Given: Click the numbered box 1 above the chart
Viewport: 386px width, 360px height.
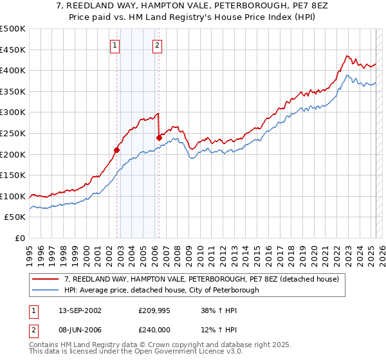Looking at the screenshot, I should (115, 45).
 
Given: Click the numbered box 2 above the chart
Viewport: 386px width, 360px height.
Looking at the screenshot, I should (157, 45).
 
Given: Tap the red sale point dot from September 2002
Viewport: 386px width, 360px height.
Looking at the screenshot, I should (117, 150).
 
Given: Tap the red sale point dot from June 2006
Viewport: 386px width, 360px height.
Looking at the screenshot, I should (159, 137).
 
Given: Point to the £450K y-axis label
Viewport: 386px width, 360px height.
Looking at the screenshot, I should (13, 50).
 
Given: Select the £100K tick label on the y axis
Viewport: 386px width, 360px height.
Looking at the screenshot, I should (13, 196).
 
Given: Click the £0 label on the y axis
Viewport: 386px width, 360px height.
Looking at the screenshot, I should (20, 238).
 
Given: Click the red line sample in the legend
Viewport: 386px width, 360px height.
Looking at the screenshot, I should (45, 280).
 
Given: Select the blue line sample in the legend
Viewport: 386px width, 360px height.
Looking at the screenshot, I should (45, 291).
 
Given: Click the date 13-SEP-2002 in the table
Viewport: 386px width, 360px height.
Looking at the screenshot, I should (78, 310).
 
